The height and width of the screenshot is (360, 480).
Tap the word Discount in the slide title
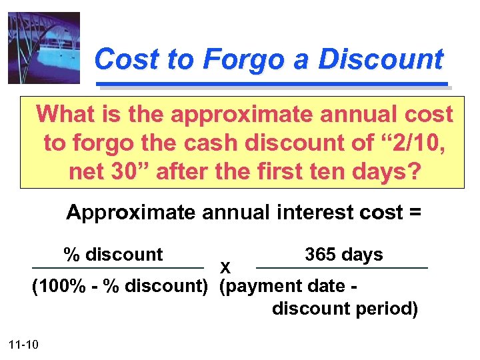[381, 59]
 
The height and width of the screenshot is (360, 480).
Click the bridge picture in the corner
[44, 48]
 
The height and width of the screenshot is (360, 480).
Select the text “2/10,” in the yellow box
[417, 143]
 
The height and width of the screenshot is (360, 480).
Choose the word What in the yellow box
[67, 114]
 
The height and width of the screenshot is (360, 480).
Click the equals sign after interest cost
[415, 213]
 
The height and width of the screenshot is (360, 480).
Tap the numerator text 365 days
[343, 255]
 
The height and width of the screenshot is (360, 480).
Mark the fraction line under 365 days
[341, 268]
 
